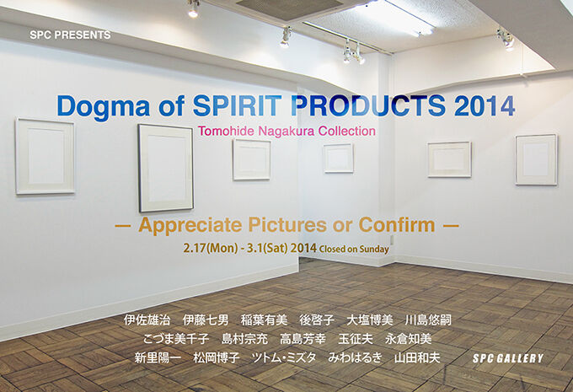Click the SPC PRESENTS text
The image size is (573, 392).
70,35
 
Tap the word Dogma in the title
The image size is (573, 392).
104,107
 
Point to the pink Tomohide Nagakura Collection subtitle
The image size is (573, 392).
286,131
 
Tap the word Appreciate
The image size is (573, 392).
190,225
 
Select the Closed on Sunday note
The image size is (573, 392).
354,249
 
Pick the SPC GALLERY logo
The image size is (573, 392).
508,358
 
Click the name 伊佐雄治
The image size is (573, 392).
147,320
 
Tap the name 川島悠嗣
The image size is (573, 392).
428,320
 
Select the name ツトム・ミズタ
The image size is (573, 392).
284,357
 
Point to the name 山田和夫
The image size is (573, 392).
417,357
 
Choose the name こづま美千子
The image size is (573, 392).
176,339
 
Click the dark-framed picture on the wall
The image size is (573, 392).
165,169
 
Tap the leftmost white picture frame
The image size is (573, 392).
45,156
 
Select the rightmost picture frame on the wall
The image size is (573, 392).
537,159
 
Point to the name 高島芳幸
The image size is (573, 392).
303,339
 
